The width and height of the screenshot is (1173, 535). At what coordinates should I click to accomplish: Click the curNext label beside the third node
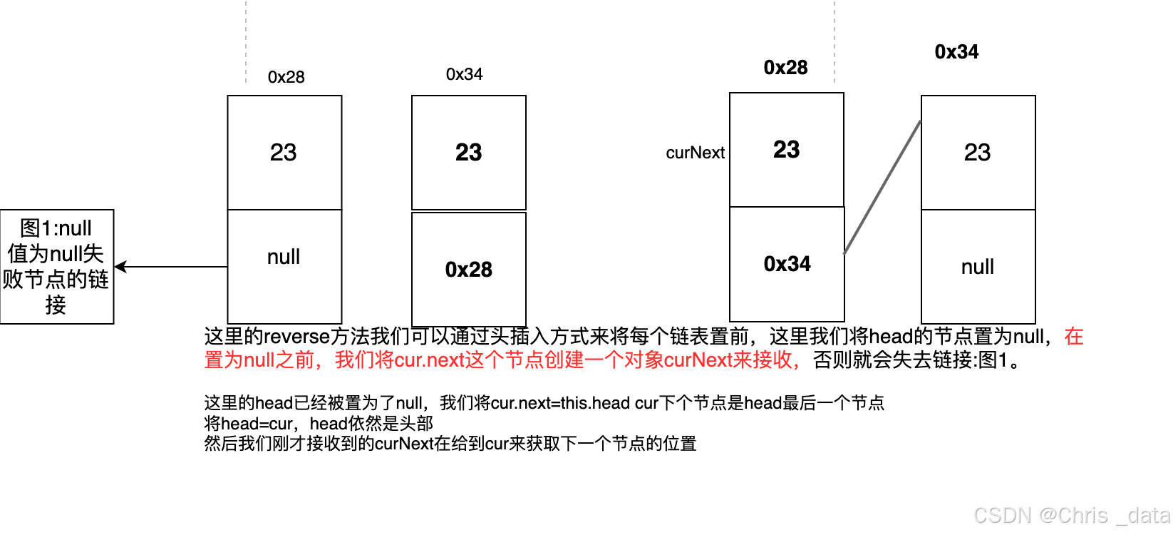point(695,153)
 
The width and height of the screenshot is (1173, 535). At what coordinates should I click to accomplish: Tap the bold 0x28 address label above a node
point(785,68)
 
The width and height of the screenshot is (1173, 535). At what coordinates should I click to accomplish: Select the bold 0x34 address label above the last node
point(956,52)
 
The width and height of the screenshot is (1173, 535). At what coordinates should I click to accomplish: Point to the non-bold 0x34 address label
point(464,74)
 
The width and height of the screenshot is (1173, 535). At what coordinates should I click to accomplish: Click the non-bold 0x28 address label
point(286,77)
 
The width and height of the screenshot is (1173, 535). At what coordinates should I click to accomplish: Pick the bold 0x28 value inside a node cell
point(468,270)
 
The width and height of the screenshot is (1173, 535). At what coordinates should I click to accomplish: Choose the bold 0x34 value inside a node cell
point(787,264)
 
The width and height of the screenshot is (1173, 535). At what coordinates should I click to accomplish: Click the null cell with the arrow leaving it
point(284,257)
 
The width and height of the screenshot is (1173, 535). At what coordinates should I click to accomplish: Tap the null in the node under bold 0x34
point(977,267)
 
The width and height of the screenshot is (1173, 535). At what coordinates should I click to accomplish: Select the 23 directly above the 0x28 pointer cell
point(468,152)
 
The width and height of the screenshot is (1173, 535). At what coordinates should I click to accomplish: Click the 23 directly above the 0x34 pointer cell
point(786,150)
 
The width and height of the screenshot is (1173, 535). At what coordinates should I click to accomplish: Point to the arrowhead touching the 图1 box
point(120,267)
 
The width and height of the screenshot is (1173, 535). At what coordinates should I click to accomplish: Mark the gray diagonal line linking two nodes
point(882,187)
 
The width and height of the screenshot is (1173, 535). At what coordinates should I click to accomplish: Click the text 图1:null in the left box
point(56,228)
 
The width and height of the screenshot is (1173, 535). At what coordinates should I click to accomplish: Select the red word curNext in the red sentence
point(698,360)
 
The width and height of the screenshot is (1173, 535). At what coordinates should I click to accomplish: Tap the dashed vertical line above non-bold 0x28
point(246,43)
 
